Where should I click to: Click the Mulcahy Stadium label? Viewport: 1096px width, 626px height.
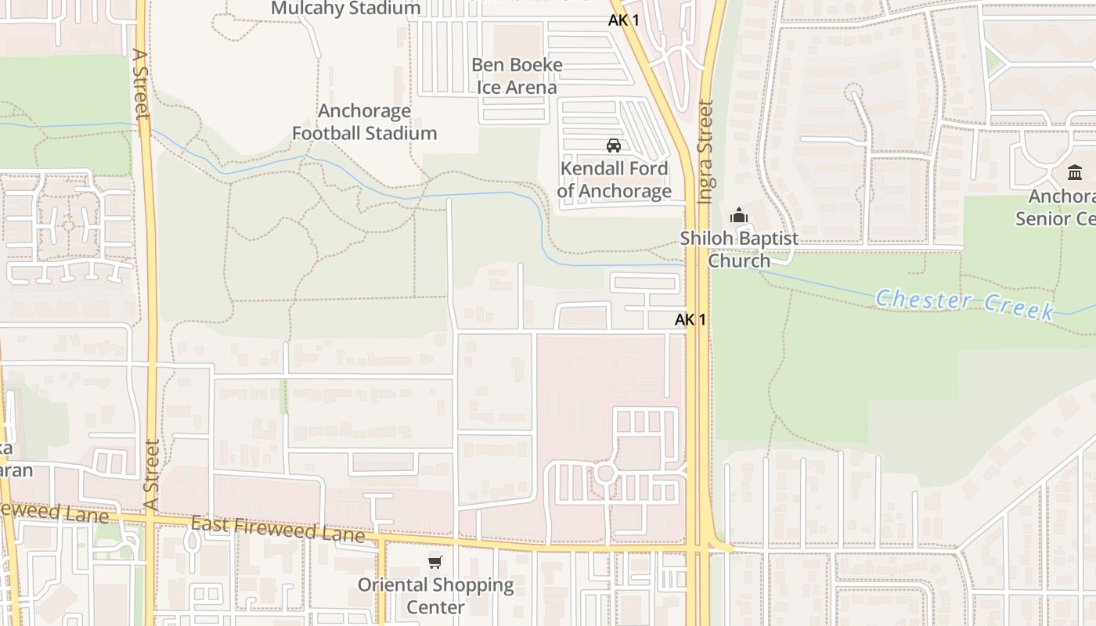(345, 9)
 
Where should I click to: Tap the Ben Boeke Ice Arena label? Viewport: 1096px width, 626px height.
(517, 76)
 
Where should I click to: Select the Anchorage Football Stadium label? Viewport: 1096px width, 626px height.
(364, 122)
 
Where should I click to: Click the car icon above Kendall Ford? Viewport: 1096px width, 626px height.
(614, 146)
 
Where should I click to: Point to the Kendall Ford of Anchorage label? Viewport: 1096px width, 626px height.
(614, 180)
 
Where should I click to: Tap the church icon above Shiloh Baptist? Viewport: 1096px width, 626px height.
(738, 215)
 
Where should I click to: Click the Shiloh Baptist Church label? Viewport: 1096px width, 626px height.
(739, 249)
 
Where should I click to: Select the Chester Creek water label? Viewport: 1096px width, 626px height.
(964, 304)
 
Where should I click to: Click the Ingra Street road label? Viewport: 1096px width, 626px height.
(705, 152)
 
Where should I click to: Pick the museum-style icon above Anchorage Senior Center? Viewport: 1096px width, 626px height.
(1075, 172)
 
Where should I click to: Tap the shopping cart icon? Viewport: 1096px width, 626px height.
(435, 562)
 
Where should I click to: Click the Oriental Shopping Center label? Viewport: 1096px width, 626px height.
(435, 595)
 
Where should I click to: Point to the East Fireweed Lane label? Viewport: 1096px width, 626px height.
(278, 529)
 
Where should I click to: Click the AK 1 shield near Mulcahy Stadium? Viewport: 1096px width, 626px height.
(624, 20)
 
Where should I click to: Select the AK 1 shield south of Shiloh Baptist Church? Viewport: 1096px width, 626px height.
(690, 319)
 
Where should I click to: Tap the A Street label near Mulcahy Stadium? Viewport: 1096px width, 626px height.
(140, 84)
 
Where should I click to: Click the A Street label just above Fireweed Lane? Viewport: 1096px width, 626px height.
(151, 475)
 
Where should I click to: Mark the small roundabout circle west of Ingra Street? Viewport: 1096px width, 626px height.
(604, 473)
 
